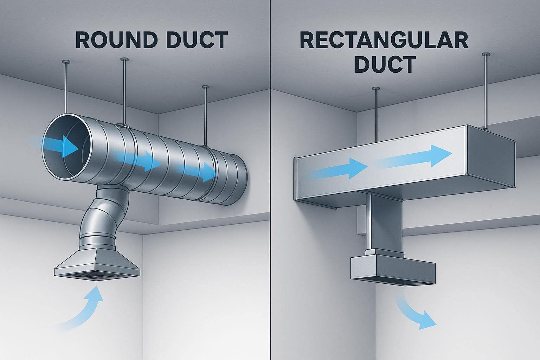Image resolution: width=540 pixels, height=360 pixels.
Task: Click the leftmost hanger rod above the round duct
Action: coord(66,88)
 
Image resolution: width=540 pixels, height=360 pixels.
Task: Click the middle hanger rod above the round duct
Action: coord(123,91)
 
